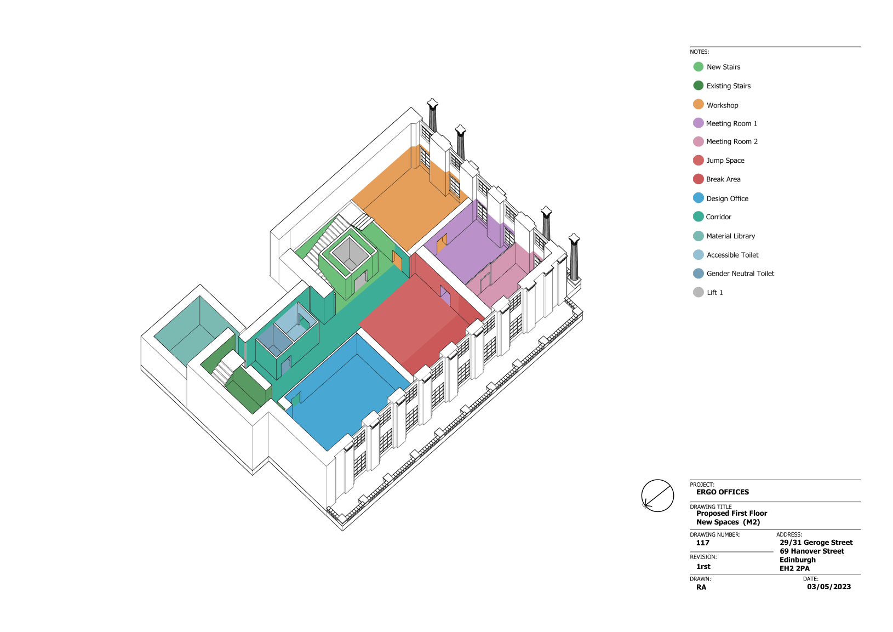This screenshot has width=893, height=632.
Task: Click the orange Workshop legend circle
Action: pos(698,105)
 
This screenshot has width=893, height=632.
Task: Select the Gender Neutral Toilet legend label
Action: pos(740,274)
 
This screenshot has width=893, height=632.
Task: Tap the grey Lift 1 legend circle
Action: pos(698,292)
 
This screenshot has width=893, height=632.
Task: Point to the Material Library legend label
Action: pos(730,236)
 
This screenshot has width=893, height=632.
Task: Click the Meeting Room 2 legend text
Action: pos(731,141)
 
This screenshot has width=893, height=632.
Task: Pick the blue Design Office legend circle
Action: pos(698,198)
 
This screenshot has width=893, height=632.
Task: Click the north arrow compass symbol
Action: pos(657,496)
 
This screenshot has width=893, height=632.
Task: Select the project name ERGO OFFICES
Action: pos(723,492)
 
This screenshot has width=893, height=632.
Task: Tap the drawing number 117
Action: pos(702,543)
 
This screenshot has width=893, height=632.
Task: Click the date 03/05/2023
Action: pos(829,587)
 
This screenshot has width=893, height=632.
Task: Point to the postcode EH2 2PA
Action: pos(794,568)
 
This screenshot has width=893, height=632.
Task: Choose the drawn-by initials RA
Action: pos(701,587)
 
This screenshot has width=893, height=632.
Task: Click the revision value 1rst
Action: pos(703,566)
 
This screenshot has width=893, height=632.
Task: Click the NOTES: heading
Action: pos(699,52)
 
